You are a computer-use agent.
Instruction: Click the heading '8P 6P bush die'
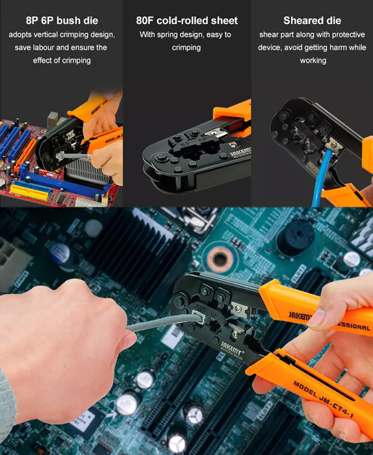tap(62, 21)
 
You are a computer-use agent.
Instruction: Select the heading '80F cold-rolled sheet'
tap(186, 21)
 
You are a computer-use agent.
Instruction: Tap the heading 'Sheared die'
tap(312, 21)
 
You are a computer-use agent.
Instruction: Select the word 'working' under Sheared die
tap(313, 60)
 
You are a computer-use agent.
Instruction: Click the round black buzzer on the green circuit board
tap(294, 237)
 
